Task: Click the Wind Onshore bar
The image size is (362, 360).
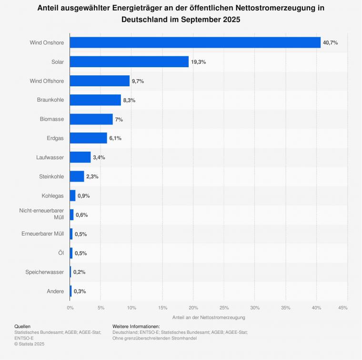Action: (x=195, y=42)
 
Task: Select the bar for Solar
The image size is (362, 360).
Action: (x=129, y=62)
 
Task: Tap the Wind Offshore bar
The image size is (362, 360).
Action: (x=100, y=81)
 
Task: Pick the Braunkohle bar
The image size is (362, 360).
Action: (x=95, y=100)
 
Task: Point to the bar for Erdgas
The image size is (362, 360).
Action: (x=89, y=138)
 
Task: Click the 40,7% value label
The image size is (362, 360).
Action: (x=330, y=43)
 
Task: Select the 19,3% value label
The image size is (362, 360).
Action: (x=198, y=62)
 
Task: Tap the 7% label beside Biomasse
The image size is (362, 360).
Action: (x=119, y=119)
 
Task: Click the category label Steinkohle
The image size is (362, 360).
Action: (x=51, y=176)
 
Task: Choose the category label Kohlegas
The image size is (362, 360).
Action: (x=53, y=195)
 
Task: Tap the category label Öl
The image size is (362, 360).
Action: (x=60, y=253)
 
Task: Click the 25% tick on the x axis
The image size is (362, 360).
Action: (x=224, y=308)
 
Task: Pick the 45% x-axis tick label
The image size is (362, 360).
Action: (x=342, y=308)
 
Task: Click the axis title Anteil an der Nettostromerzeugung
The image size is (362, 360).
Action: (x=209, y=317)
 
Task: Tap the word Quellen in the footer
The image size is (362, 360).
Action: (x=22, y=326)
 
